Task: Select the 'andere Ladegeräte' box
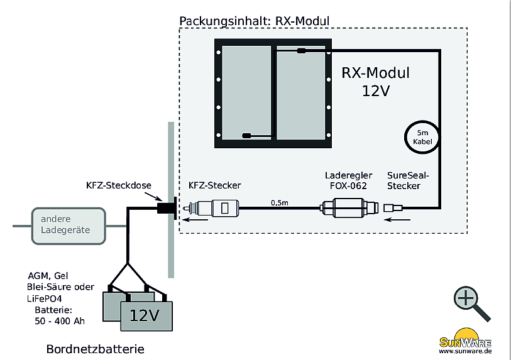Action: (65, 224)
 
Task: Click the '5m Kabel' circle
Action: (422, 137)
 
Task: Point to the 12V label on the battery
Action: (145, 314)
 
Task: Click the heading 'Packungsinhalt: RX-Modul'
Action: (254, 21)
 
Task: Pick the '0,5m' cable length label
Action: (280, 203)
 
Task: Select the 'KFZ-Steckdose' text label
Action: (117, 185)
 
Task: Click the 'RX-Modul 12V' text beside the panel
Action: (376, 82)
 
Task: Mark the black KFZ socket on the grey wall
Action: (167, 208)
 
